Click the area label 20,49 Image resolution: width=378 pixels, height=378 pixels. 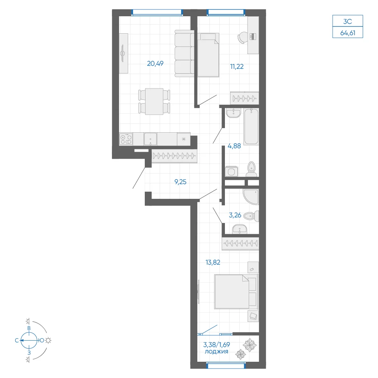coord(155,64)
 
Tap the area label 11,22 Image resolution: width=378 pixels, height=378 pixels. coord(237,67)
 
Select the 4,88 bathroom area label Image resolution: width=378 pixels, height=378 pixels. coord(234,146)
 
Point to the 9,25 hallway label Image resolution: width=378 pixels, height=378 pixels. coord(180,182)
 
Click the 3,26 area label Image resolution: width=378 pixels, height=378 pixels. coord(235,215)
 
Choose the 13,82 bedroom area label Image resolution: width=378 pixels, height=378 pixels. coord(212,262)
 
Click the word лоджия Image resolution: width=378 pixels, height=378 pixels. coord(216,352)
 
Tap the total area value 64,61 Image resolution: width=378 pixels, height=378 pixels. coord(348,33)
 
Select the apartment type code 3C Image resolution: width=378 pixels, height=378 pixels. coord(348,22)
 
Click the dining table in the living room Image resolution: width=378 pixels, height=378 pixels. coord(154,101)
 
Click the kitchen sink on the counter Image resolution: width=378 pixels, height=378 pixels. coord(150,139)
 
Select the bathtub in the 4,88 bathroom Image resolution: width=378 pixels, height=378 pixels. coord(251,127)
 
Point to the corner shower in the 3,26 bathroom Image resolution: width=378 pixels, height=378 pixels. coord(251,197)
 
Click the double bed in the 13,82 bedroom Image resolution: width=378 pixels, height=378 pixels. coord(236,291)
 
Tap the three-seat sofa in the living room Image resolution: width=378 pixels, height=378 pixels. coord(184,54)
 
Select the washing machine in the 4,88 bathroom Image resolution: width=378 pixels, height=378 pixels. coord(231,172)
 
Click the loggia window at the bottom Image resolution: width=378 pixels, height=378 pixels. coord(226,366)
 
